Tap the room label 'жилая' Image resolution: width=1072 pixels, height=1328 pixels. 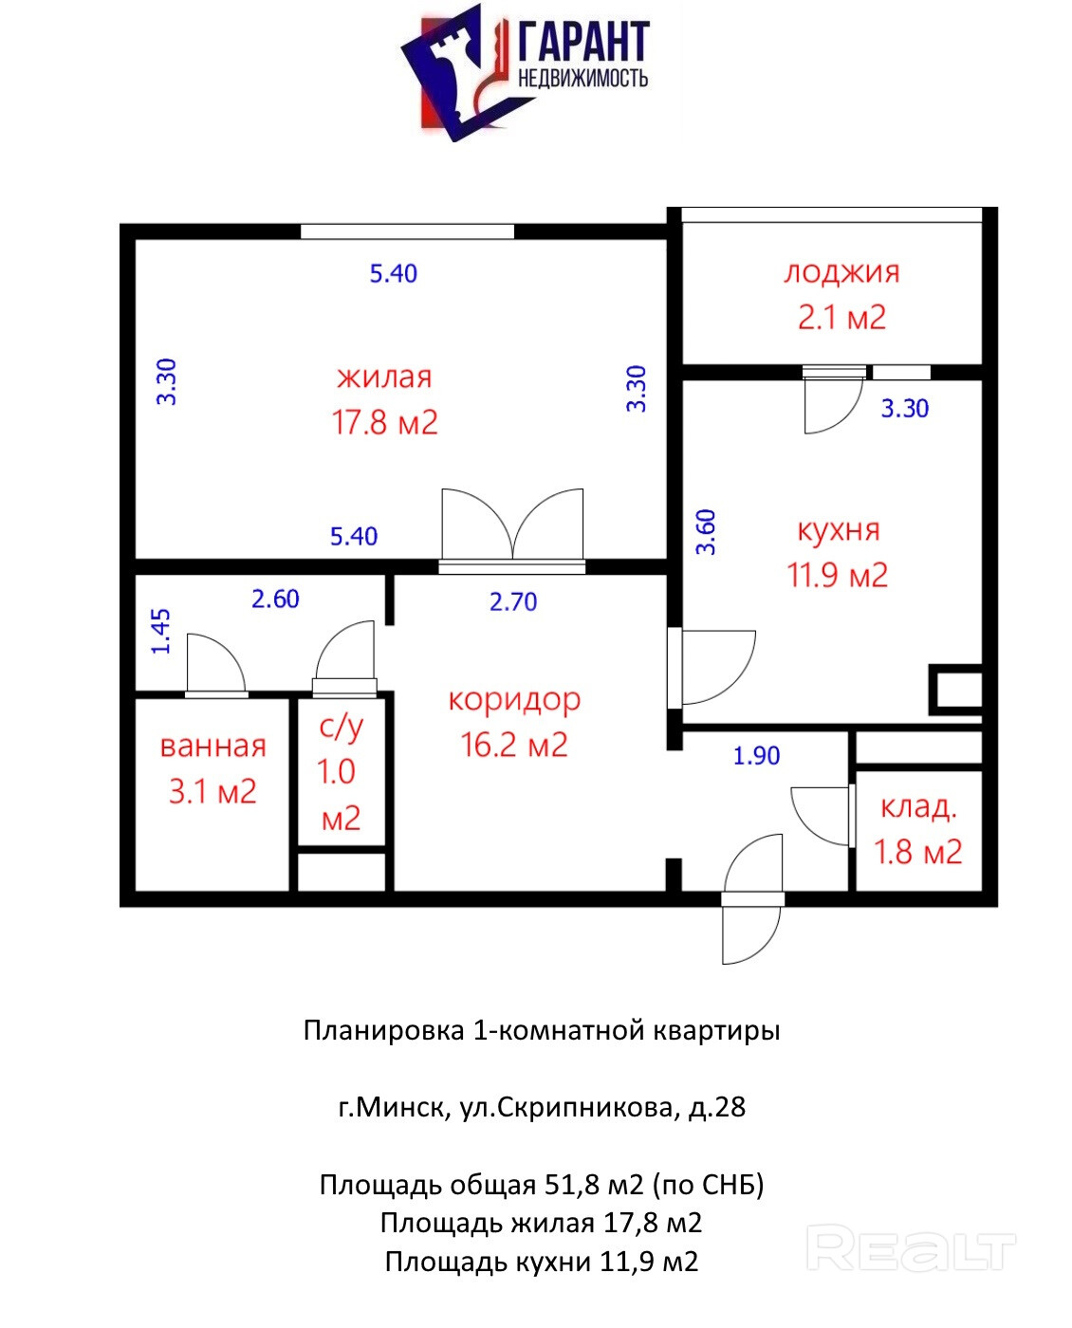tap(383, 378)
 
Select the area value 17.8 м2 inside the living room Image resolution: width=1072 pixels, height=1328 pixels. tap(384, 422)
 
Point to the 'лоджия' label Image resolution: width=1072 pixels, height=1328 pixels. tap(841, 273)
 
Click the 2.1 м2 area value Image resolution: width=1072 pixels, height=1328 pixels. tap(841, 318)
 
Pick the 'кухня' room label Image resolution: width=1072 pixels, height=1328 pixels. tap(838, 530)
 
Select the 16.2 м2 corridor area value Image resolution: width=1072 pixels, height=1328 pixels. tap(514, 745)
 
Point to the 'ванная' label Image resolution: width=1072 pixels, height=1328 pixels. tap(213, 747)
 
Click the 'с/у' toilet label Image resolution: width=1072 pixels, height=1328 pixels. tap(341, 727)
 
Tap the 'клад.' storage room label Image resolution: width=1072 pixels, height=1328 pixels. tap(917, 807)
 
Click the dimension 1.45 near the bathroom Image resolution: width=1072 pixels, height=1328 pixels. tap(160, 631)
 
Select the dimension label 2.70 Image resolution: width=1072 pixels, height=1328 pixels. tap(512, 601)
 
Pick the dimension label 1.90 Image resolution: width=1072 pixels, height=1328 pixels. tap(756, 756)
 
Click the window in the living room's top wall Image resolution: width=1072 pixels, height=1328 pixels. tap(407, 231)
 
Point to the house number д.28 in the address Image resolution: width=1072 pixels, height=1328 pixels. tap(716, 1107)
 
